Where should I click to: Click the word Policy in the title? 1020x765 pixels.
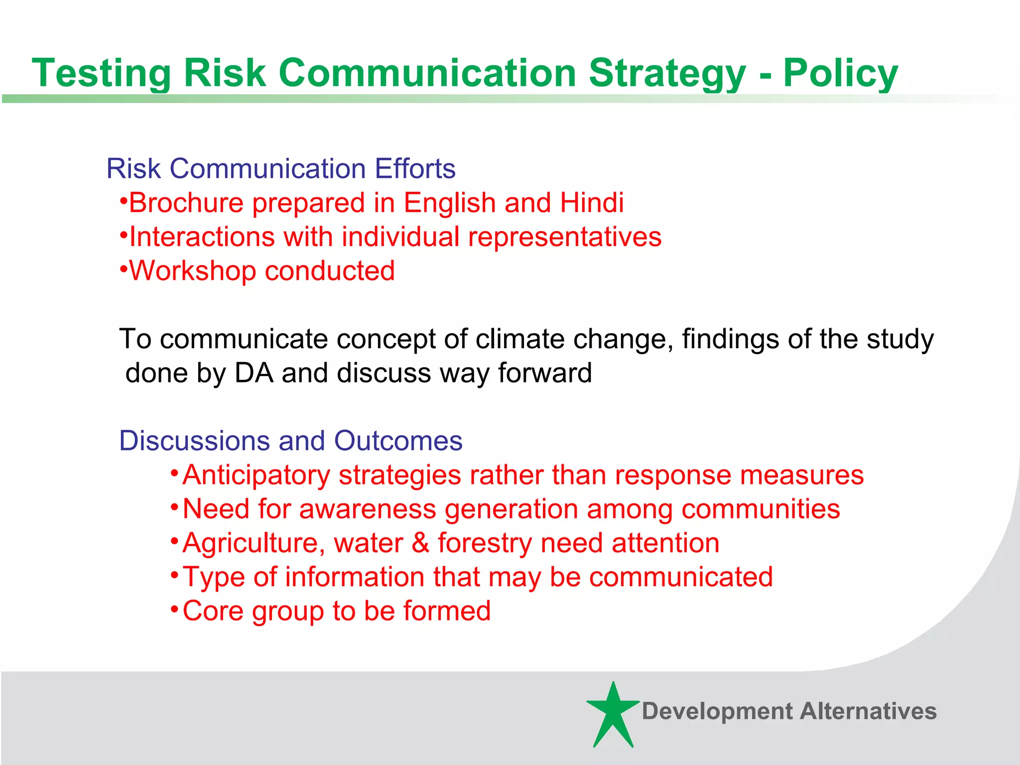click(840, 73)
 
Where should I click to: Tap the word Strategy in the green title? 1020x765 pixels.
click(667, 73)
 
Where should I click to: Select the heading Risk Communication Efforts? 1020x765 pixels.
click(281, 168)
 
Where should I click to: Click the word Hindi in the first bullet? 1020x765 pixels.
click(591, 203)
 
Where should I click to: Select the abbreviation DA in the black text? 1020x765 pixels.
click(254, 373)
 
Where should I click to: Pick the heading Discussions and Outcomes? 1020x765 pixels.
click(291, 441)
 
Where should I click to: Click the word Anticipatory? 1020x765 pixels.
click(256, 475)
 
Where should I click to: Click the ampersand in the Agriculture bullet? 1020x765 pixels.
click(421, 543)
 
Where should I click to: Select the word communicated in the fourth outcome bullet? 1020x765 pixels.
click(681, 577)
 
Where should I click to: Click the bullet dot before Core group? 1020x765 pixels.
click(174, 609)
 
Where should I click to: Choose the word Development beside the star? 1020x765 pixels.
click(717, 711)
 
